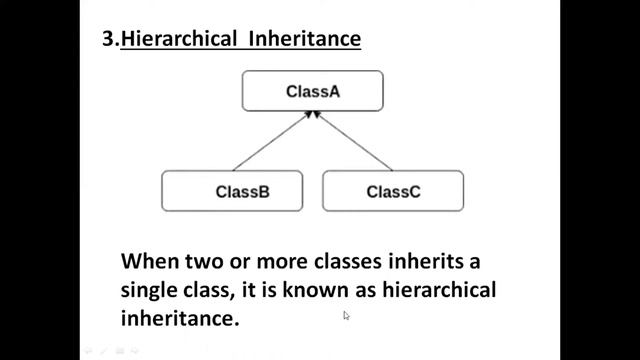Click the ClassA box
coord(313,91)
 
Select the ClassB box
coord(231,191)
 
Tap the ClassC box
coord(393,191)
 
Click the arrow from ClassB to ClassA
coord(272,143)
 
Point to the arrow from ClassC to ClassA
coord(355,143)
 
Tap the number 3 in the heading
coord(109,41)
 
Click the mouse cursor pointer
coord(346,315)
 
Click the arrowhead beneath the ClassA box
coord(314,115)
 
